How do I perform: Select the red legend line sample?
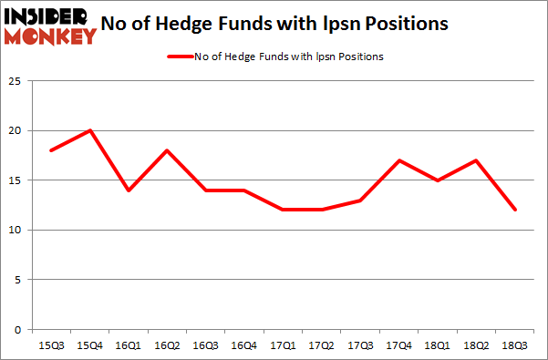click(x=179, y=57)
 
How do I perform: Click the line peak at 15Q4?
click(x=90, y=130)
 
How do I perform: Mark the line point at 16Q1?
click(x=129, y=190)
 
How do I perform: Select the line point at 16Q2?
click(x=167, y=150)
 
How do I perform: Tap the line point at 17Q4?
click(x=398, y=160)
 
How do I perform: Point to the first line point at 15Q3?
click(x=51, y=150)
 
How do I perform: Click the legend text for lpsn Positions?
click(x=288, y=57)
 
